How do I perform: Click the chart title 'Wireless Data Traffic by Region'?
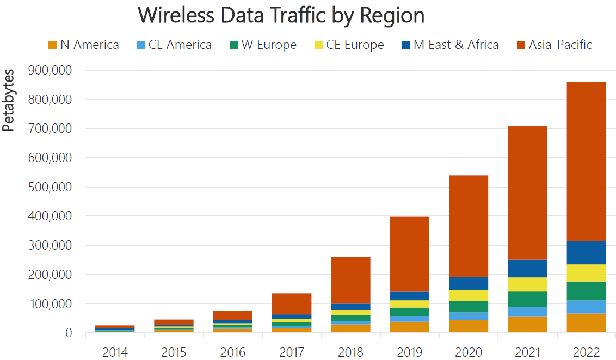tap(281, 15)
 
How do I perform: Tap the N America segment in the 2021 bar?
tap(527, 325)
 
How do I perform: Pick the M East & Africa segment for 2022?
tap(586, 253)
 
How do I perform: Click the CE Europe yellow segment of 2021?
tap(527, 284)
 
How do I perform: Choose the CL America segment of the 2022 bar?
tap(586, 307)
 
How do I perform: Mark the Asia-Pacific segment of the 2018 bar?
tap(350, 280)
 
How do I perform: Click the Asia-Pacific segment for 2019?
tap(409, 255)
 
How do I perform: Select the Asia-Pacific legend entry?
tap(560, 45)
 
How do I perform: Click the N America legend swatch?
tap(53, 45)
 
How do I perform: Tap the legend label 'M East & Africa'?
tap(456, 45)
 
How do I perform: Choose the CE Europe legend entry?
tap(355, 45)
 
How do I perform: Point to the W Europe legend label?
tap(269, 45)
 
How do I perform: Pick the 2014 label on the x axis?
tap(115, 352)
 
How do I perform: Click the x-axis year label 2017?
tap(292, 352)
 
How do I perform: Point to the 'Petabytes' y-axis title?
tap(8, 101)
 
